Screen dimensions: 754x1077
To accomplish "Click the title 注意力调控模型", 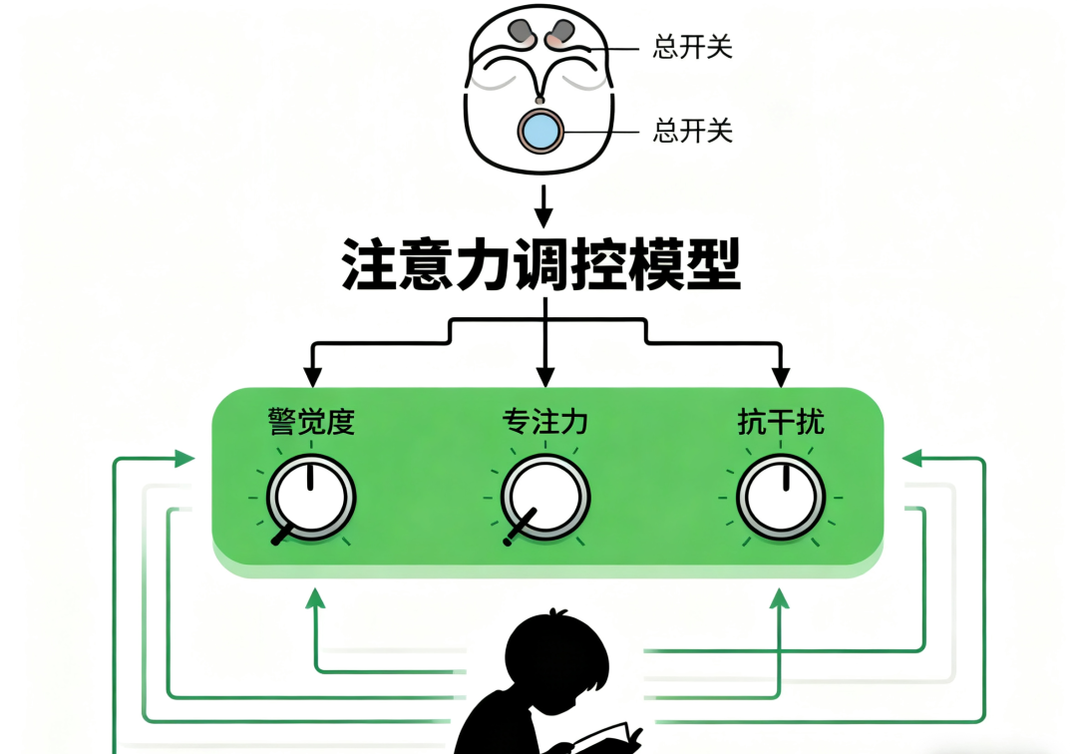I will tap(541, 263).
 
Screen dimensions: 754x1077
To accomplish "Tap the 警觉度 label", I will tap(311, 423).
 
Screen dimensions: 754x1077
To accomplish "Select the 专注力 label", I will tap(544, 423).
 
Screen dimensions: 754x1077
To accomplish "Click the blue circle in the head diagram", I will tap(540, 131).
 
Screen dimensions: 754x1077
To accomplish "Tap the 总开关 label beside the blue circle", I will tap(693, 131).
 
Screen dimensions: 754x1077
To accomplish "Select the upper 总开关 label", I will tap(693, 47).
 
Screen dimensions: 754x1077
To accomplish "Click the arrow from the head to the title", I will tap(542, 206).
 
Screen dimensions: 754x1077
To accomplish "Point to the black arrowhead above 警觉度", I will tap(312, 377).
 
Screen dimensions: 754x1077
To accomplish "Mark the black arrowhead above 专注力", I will tap(544, 377).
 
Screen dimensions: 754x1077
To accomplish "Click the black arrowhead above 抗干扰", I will tap(781, 377).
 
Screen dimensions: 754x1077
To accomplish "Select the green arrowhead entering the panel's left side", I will tap(185, 459).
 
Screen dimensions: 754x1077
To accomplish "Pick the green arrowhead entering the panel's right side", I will tap(909, 459).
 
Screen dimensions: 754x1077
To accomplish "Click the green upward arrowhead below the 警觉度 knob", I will tap(315, 597).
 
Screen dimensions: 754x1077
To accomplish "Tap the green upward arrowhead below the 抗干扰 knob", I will tap(780, 597).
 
